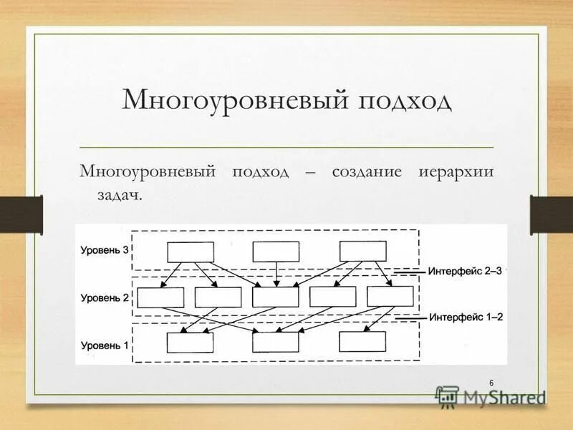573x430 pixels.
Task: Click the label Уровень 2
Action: pos(104,296)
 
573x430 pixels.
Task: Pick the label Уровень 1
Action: pos(104,345)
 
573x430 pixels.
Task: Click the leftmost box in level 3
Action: pos(191,252)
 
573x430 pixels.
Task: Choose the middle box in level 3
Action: pos(276,252)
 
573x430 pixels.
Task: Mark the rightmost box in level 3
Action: pos(362,251)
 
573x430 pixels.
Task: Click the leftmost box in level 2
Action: pos(160,297)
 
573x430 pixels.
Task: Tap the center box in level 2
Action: pos(276,297)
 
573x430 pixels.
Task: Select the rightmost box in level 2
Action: pos(390,296)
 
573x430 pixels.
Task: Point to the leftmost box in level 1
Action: pos(191,342)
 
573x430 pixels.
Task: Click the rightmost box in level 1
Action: pos(362,342)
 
